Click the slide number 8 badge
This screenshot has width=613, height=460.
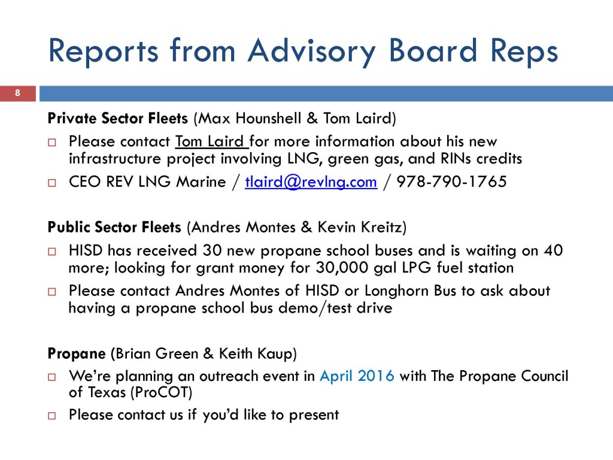17,93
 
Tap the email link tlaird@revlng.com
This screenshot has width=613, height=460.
311,182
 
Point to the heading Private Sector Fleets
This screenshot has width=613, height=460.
118,118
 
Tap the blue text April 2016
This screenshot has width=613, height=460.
357,376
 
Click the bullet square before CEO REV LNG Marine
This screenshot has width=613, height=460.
52,183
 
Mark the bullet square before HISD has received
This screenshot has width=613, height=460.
52,252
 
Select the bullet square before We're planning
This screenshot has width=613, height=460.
52,377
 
